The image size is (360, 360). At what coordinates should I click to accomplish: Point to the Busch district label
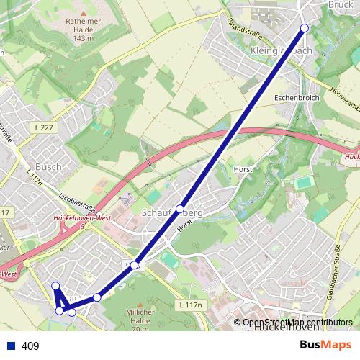coord(48,166)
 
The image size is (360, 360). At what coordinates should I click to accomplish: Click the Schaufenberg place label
coord(180,214)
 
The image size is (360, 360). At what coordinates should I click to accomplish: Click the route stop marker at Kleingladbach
coord(304,28)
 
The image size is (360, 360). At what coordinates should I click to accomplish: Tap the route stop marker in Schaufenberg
coord(180,208)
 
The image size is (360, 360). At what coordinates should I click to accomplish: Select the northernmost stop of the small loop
coord(55,286)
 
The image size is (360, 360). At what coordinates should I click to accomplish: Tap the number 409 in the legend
coord(30,346)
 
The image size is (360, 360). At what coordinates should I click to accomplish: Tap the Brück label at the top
coord(341,4)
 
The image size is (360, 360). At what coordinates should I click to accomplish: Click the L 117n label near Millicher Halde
coord(189,305)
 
